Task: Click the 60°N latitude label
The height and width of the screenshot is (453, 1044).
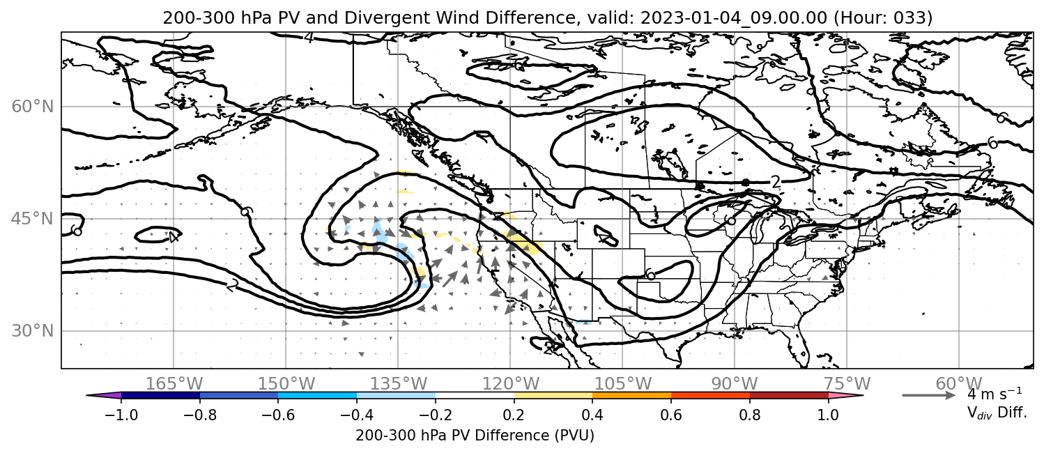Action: [x=33, y=107]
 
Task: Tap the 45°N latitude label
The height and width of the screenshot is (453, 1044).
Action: [x=33, y=219]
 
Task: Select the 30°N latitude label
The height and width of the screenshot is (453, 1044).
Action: [x=33, y=331]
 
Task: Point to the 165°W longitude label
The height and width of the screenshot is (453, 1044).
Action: [x=174, y=384]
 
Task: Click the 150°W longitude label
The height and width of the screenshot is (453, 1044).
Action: [x=286, y=384]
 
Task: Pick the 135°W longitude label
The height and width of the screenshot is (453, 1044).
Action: [x=399, y=384]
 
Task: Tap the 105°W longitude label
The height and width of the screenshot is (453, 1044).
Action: [x=622, y=384]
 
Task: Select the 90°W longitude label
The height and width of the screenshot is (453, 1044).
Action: [x=735, y=384]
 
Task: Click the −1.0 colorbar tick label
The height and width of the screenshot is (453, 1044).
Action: [x=121, y=415]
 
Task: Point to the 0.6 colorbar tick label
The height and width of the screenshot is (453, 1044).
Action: [x=671, y=415]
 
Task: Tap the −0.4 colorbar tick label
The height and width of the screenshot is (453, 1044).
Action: [x=357, y=415]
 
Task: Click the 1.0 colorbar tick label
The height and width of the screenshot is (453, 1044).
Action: [x=828, y=415]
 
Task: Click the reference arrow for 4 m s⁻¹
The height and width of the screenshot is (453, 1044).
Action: [x=929, y=395]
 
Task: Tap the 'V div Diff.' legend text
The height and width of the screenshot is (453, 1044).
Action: [x=997, y=413]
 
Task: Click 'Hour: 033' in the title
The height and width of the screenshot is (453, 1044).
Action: [x=883, y=17]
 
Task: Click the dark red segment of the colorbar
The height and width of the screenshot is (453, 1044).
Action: [x=789, y=396]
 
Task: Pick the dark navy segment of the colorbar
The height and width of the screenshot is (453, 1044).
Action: [x=161, y=396]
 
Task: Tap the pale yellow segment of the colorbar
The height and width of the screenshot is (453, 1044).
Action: [x=553, y=396]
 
